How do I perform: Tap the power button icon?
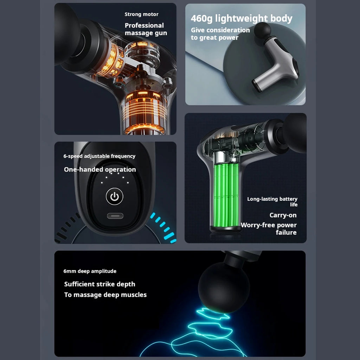click(115, 197)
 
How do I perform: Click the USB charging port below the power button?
click(115, 216)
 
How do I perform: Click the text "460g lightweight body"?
click(242, 18)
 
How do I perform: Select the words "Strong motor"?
click(141, 14)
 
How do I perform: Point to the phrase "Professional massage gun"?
click(146, 29)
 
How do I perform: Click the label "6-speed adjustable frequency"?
click(99, 156)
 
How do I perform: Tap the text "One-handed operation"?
click(100, 169)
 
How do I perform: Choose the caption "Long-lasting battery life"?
click(272, 201)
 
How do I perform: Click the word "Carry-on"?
click(283, 215)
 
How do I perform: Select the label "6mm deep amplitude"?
click(90, 271)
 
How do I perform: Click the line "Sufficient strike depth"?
click(99, 284)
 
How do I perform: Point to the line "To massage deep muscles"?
click(105, 295)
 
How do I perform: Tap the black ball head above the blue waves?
click(224, 287)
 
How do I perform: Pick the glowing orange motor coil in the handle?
click(145, 112)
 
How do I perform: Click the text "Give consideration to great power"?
click(220, 34)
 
